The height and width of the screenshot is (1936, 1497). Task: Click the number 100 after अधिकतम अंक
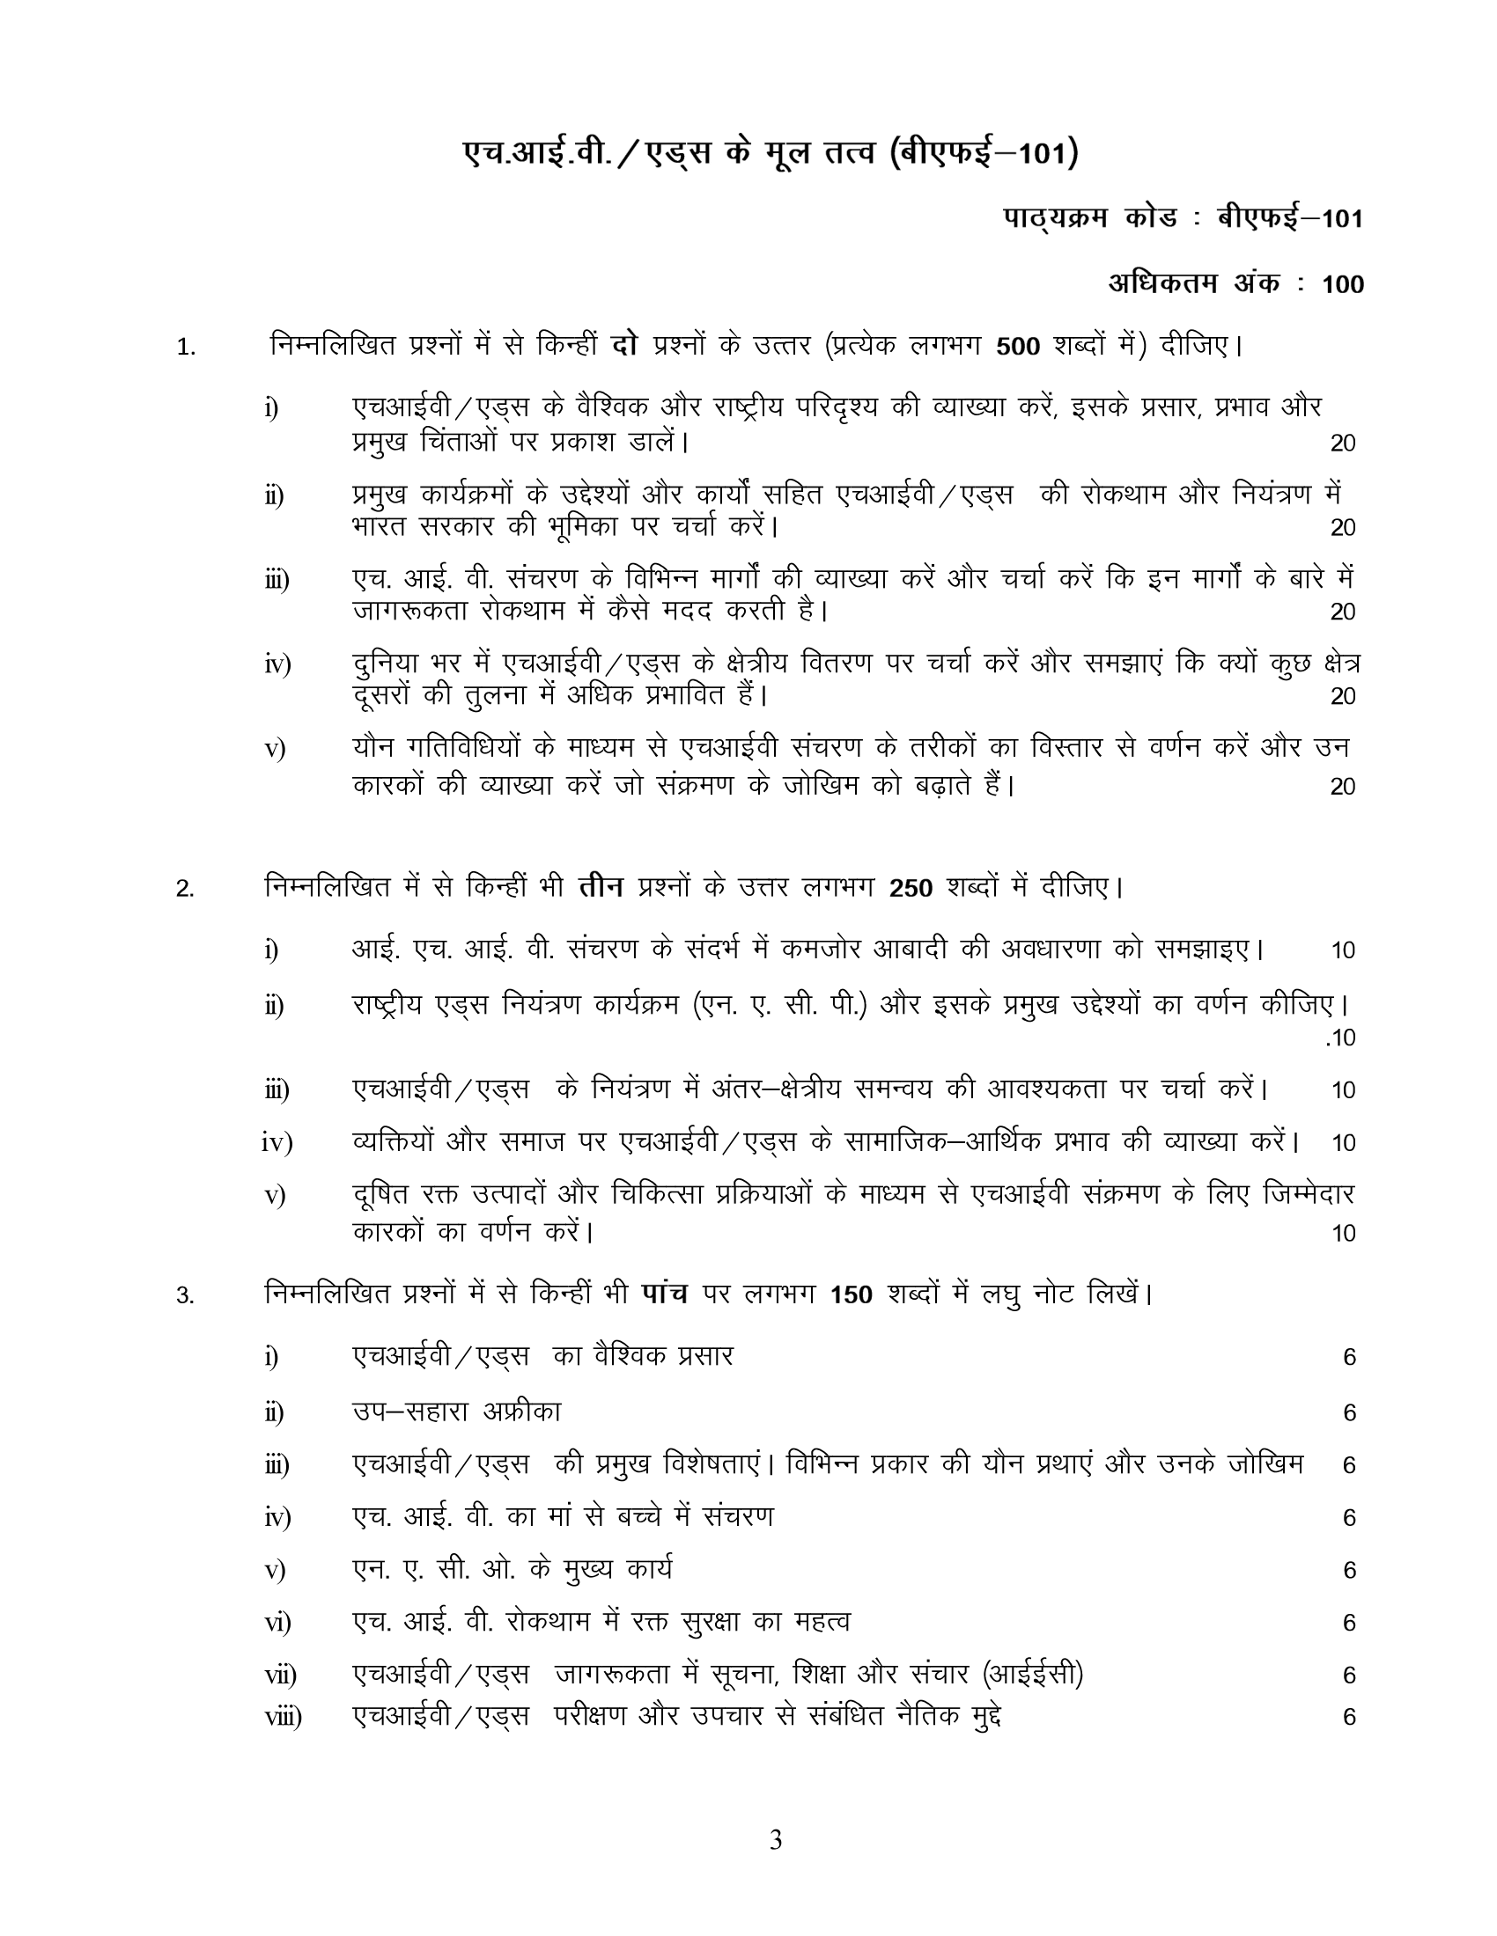(x=1343, y=284)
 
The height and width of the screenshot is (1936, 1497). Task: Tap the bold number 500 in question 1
(x=1017, y=347)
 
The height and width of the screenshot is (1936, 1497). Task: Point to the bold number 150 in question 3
(x=852, y=1295)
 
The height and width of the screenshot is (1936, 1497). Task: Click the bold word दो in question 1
(x=625, y=345)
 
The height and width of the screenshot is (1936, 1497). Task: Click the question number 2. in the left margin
(x=184, y=888)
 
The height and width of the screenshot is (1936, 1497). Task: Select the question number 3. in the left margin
(x=184, y=1296)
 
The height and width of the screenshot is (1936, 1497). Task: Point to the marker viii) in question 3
(x=283, y=1717)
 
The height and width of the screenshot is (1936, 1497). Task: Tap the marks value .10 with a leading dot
(x=1340, y=1038)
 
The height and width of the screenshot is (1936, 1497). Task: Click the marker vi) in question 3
(x=277, y=1622)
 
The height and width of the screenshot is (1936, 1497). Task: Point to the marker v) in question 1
(x=275, y=749)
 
